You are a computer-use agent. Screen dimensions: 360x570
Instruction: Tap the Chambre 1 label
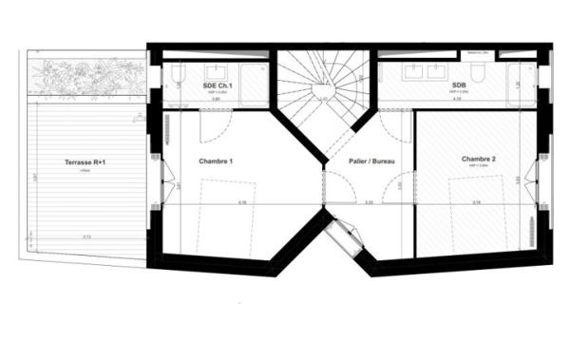(216, 161)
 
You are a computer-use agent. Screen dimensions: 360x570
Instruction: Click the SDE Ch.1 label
(216, 86)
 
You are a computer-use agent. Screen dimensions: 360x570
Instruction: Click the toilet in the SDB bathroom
(480, 74)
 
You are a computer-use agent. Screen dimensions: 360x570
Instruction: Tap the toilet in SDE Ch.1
(175, 79)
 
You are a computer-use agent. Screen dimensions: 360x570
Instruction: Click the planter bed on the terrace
(85, 79)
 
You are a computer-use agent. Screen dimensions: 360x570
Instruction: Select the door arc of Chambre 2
(397, 123)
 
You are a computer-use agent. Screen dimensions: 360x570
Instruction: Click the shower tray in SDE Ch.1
(254, 84)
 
